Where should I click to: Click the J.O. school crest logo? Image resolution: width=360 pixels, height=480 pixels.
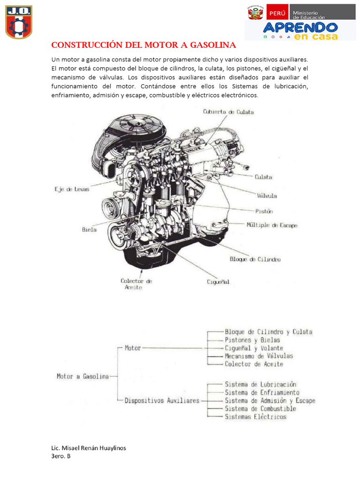pyautogui.click(x=19, y=22)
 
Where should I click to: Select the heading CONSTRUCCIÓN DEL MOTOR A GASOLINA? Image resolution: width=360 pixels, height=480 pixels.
pyautogui.click(x=144, y=45)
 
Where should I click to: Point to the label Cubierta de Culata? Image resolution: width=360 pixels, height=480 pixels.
pyautogui.click(x=228, y=112)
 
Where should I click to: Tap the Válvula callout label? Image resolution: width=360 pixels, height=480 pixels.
pyautogui.click(x=266, y=195)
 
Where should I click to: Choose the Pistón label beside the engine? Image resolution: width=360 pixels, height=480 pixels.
pyautogui.click(x=264, y=211)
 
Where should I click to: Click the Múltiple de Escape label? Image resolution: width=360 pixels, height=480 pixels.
pyautogui.click(x=272, y=225)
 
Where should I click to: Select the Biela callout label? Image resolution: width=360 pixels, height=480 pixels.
pyautogui.click(x=89, y=230)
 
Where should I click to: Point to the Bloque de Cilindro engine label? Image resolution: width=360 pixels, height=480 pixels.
pyautogui.click(x=255, y=259)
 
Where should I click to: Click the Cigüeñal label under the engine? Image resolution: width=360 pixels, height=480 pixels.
pyautogui.click(x=218, y=282)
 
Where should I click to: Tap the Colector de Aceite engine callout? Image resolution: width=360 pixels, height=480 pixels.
pyautogui.click(x=136, y=284)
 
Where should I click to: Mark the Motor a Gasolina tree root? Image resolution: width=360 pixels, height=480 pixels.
pyautogui.click(x=82, y=376)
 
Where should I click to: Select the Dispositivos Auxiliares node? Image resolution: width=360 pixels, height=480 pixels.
pyautogui.click(x=162, y=401)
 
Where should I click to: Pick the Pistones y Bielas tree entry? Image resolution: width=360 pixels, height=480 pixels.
pyautogui.click(x=252, y=340)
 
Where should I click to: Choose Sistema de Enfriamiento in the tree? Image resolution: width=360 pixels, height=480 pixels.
pyautogui.click(x=262, y=392)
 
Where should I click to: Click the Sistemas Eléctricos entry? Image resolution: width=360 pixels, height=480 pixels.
pyautogui.click(x=255, y=417)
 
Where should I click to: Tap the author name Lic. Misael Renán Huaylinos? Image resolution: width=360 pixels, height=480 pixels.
pyautogui.click(x=89, y=448)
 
